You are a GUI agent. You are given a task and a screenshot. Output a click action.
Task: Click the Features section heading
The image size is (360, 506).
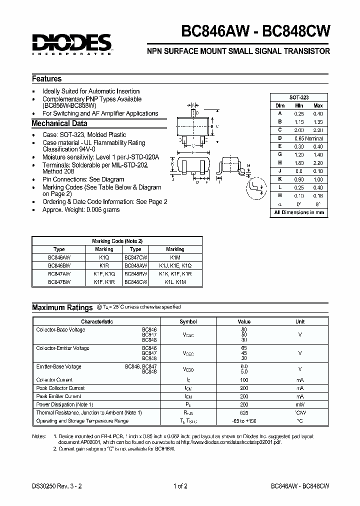(x=47, y=79)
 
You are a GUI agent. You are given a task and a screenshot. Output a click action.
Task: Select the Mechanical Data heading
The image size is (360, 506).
(x=59, y=123)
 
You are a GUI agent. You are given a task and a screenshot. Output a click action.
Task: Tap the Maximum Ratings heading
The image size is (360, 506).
(x=62, y=308)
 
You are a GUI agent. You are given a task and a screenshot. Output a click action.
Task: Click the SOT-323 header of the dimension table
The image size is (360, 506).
(x=299, y=97)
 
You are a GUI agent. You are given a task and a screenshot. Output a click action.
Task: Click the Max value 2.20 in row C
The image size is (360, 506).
(x=317, y=130)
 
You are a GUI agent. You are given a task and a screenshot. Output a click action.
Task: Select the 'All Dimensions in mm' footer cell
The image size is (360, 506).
(x=299, y=212)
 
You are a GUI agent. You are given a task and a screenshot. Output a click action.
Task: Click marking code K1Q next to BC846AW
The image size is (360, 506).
(x=104, y=257)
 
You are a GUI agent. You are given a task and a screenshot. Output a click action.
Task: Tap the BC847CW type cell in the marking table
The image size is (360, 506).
(x=135, y=257)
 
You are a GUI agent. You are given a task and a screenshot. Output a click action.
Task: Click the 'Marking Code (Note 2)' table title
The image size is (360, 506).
(x=117, y=241)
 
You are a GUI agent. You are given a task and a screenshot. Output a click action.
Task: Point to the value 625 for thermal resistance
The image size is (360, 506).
(x=244, y=412)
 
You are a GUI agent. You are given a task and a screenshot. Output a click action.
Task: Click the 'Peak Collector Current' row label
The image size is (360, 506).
(x=60, y=388)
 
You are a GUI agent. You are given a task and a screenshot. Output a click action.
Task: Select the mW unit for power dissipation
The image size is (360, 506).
(x=300, y=404)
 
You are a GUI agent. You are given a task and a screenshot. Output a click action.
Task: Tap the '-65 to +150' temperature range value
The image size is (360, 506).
(x=244, y=421)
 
